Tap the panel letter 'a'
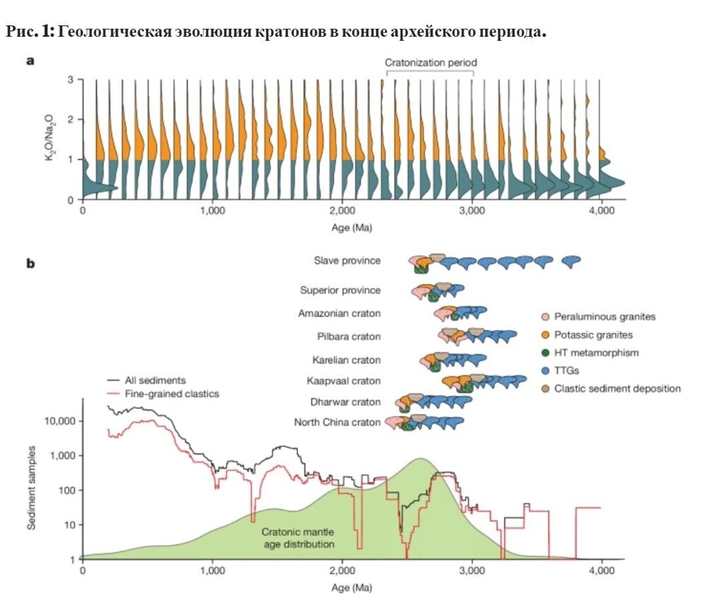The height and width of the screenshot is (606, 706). pos(30,61)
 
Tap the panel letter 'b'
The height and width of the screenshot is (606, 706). pos(30,264)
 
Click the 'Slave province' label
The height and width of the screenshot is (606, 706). pos(347,261)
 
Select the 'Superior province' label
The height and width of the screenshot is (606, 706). pos(340,290)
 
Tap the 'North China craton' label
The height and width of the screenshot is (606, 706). pos(337,422)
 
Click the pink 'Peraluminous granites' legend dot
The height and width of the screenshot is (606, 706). pos(544,316)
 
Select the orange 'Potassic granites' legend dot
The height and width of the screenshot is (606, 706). pos(544,335)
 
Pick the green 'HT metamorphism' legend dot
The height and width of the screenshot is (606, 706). pos(544,352)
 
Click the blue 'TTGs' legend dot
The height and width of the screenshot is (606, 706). pos(544,370)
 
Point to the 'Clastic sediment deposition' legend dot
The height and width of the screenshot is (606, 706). pos(544,388)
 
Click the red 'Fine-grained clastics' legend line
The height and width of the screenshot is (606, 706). pos(113,393)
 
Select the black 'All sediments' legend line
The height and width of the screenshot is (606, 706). pos(113,380)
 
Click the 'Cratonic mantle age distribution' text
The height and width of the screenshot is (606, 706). pos(298,538)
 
